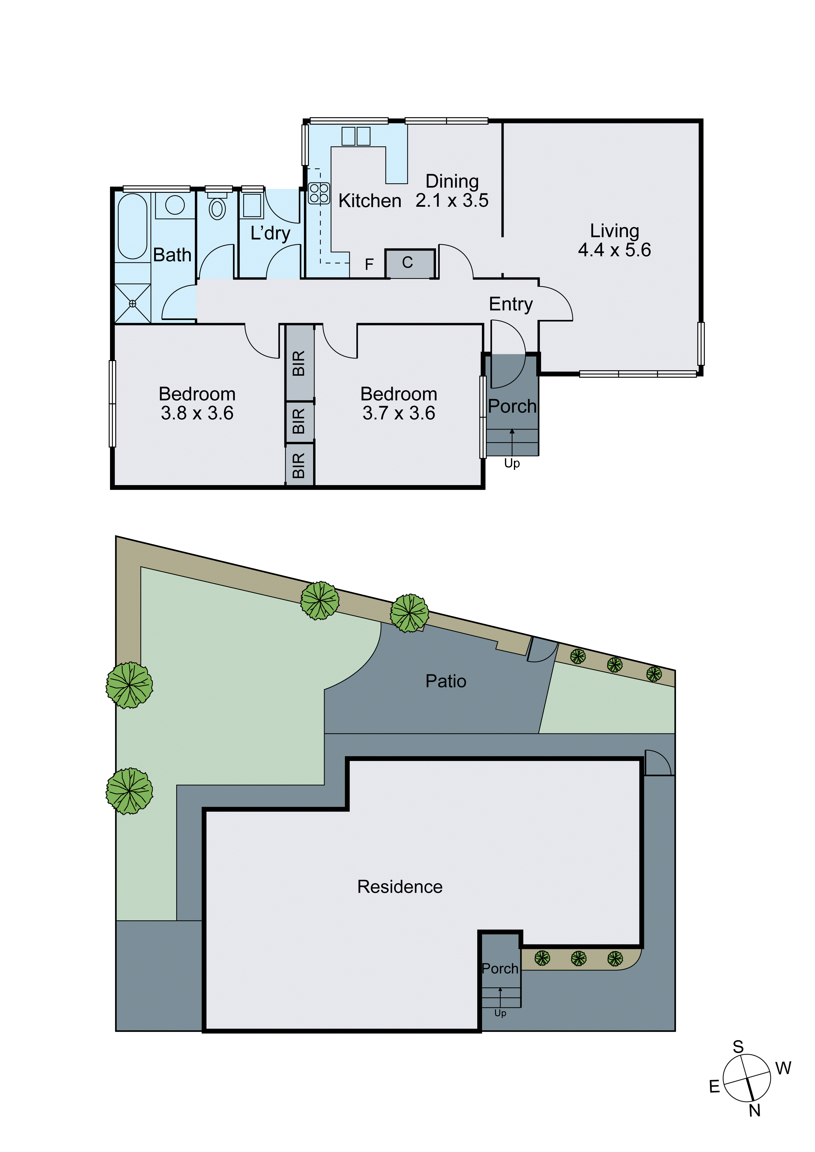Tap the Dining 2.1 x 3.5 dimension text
click(x=452, y=200)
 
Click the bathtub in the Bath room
click(x=132, y=226)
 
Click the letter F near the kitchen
click(x=369, y=264)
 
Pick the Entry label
click(x=510, y=304)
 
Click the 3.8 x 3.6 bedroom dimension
click(x=197, y=413)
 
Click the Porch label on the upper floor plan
click(x=512, y=406)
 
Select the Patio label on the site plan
click(x=446, y=681)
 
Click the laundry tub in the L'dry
click(x=252, y=205)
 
